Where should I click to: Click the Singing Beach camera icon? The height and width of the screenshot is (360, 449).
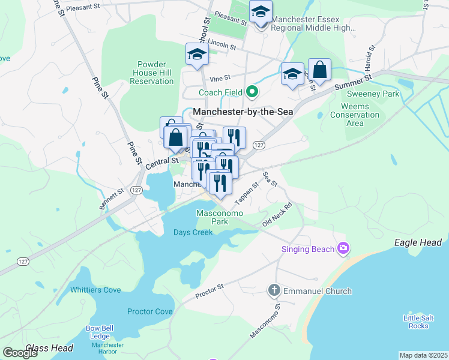[x=343, y=247]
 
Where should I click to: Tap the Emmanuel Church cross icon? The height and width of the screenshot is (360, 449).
[x=274, y=290]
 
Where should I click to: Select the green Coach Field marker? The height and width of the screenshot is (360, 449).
[x=252, y=92]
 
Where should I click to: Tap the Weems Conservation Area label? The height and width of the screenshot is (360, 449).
[x=355, y=115]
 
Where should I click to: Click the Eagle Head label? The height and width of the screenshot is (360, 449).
[x=417, y=242]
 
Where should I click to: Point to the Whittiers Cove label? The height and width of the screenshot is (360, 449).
[x=95, y=289]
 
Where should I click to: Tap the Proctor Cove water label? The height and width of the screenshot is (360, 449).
[x=149, y=311]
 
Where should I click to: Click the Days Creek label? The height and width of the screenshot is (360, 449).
[x=193, y=232]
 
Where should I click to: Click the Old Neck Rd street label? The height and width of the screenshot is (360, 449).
[x=277, y=214]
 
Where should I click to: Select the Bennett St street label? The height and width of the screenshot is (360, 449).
[x=112, y=199]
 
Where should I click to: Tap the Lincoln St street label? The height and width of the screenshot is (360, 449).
[x=223, y=46]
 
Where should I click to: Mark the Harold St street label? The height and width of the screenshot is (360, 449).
[x=370, y=56]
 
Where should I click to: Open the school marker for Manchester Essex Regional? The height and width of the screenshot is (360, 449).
[x=261, y=12]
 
